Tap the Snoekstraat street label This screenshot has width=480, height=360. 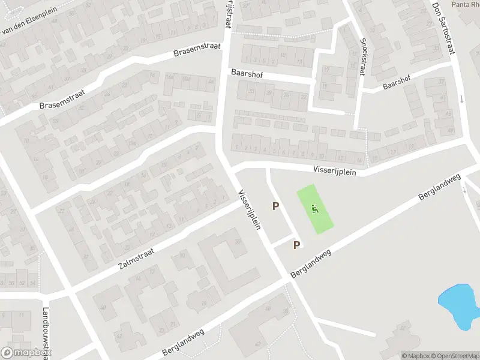[362, 56]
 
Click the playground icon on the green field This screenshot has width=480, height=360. [315, 209]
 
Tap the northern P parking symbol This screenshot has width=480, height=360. [276, 206]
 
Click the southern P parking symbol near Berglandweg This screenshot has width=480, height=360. [296, 245]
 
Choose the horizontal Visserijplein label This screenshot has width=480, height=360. [334, 170]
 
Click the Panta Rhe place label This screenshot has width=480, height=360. [466, 4]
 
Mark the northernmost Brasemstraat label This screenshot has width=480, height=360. [197, 49]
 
